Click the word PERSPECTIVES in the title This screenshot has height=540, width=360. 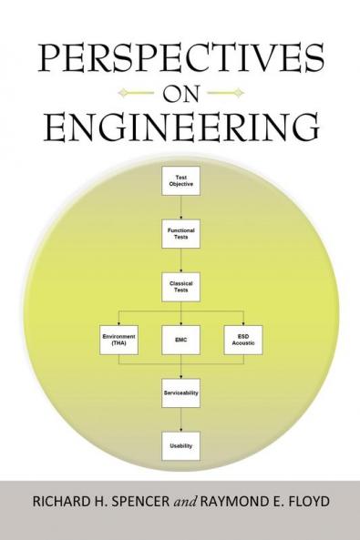tap(180, 57)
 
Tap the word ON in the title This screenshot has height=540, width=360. tap(180, 91)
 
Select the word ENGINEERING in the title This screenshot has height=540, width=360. tap(180, 126)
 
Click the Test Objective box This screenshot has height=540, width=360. tap(180, 182)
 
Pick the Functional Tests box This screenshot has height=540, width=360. tap(180, 234)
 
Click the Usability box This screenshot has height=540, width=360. tap(180, 445)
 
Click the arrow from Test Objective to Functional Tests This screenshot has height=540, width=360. tap(180, 209)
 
